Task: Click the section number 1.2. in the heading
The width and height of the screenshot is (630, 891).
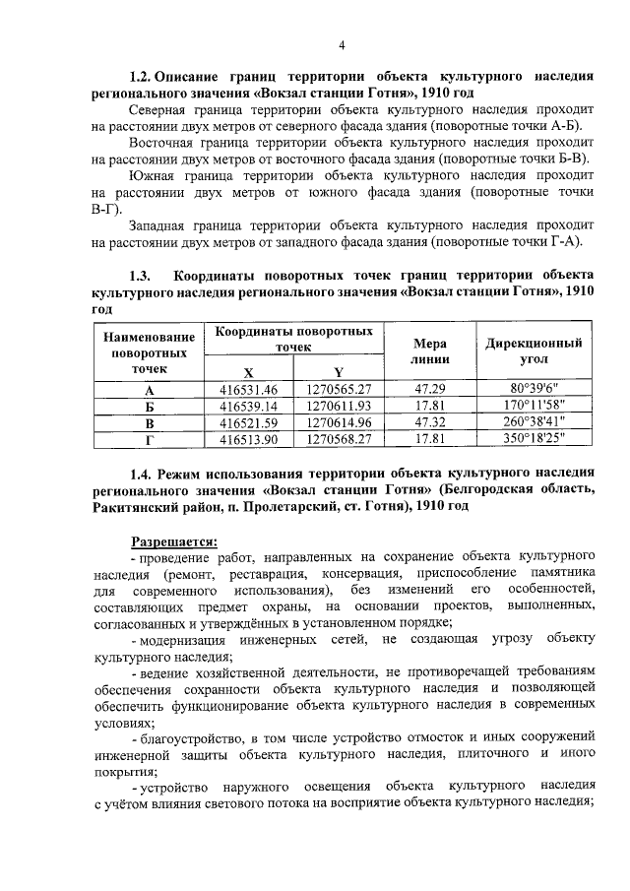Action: pyautogui.click(x=146, y=76)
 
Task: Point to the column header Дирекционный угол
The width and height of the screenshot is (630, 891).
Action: pyautogui.click(x=534, y=351)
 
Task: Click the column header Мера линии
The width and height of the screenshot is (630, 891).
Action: pyautogui.click(x=430, y=351)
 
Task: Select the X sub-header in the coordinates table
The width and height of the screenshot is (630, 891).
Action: pyautogui.click(x=248, y=371)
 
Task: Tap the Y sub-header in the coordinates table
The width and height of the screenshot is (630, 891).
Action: pyautogui.click(x=338, y=371)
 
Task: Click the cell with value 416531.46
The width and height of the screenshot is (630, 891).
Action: pyautogui.click(x=249, y=389)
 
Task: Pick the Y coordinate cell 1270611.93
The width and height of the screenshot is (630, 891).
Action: pyautogui.click(x=338, y=406)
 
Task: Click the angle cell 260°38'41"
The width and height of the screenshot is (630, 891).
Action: pyautogui.click(x=534, y=422)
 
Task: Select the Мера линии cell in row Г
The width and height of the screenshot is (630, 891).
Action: pyautogui.click(x=430, y=439)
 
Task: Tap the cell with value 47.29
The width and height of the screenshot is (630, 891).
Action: pyautogui.click(x=430, y=389)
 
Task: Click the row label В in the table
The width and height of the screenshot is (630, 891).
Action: pyautogui.click(x=150, y=423)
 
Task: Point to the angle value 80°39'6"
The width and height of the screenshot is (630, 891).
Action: pyautogui.click(x=534, y=389)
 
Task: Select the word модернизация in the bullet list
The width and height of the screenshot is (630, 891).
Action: pyautogui.click(x=183, y=639)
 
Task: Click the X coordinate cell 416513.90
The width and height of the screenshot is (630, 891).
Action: pyautogui.click(x=249, y=439)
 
